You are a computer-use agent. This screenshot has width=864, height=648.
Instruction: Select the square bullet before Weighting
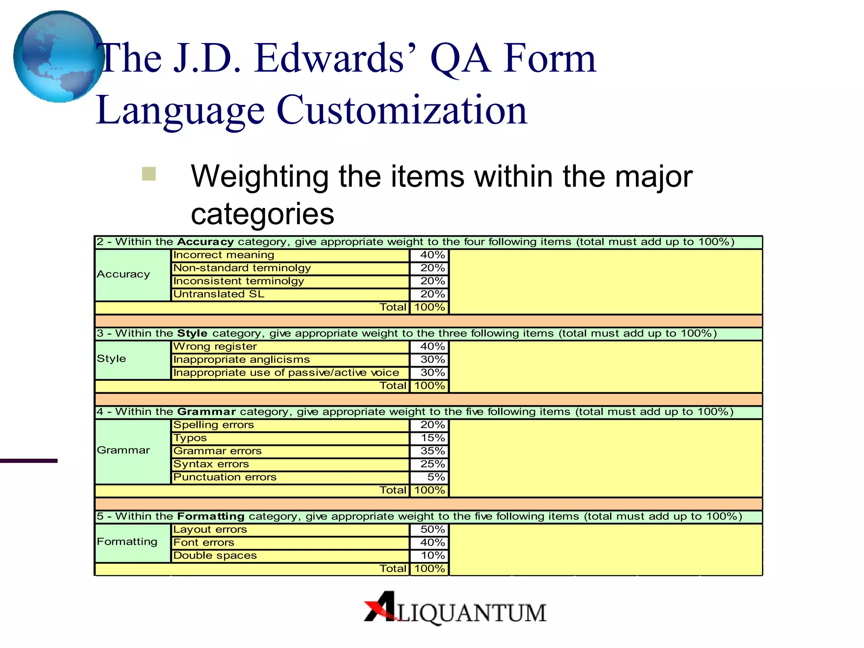coord(149,174)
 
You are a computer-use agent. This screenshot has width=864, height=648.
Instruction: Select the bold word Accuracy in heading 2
coord(205,242)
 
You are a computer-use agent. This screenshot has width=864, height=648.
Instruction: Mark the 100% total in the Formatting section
coord(429,569)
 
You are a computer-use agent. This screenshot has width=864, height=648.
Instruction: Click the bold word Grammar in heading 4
coord(206,412)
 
